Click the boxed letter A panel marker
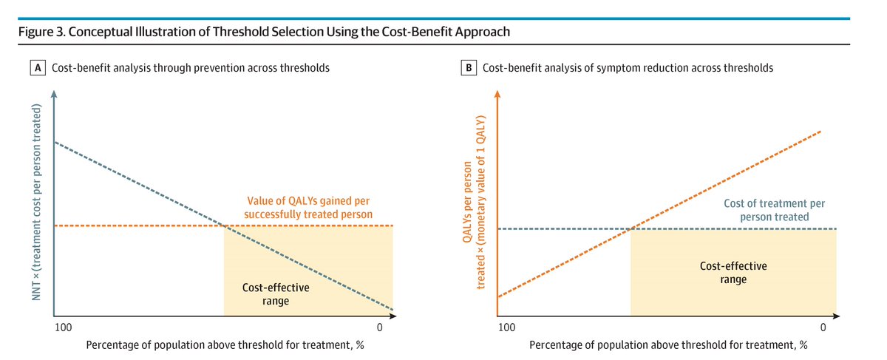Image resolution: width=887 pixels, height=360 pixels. click(x=38, y=68)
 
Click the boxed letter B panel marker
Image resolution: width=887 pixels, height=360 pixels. click(x=469, y=68)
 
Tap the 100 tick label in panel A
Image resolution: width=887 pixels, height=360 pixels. click(x=64, y=327)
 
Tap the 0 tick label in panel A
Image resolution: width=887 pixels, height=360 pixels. click(x=380, y=327)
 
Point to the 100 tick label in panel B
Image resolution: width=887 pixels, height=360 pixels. click(x=507, y=327)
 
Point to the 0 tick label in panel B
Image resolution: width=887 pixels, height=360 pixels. click(x=823, y=327)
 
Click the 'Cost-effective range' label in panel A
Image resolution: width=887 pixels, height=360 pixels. click(x=276, y=294)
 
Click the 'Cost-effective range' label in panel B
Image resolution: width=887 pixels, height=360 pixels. click(x=733, y=273)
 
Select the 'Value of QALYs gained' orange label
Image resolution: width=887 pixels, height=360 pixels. click(x=308, y=208)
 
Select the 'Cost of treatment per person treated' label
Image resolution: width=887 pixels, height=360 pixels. click(x=774, y=210)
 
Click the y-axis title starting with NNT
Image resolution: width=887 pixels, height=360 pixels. click(x=36, y=202)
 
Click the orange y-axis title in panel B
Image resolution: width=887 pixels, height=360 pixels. click(x=474, y=202)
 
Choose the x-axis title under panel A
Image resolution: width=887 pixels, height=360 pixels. click(x=225, y=345)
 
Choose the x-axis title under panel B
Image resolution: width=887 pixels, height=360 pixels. click(x=668, y=345)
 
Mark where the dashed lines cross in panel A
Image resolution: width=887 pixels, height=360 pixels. click(x=224, y=225)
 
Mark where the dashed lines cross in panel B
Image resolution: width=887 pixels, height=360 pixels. click(x=631, y=228)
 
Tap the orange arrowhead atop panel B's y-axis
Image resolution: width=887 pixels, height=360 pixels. click(x=497, y=94)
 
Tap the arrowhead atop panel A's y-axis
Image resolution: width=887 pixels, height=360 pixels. click(x=54, y=94)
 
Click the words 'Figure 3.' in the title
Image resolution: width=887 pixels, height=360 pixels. click(x=41, y=32)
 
